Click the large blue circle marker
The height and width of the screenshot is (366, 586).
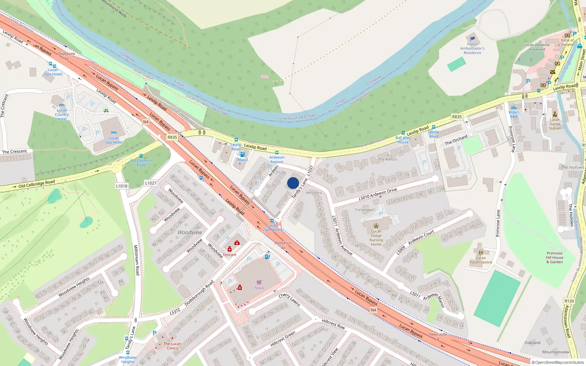tap(293, 183)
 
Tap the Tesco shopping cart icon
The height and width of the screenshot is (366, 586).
tap(259, 282)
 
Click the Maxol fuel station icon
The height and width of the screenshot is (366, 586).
tap(242, 155)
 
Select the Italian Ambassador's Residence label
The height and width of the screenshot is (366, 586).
tap(472, 48)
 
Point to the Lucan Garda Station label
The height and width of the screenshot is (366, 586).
tap(555, 124)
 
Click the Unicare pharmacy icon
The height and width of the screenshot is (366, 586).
tap(230, 249)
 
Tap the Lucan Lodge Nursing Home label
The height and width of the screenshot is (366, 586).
tap(376, 238)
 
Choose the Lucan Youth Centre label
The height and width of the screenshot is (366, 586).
tap(481, 260)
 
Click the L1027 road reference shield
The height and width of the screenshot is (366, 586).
tap(151, 183)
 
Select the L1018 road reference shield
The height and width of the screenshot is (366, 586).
tap(122, 186)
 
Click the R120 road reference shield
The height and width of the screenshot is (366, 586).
tap(569, 301)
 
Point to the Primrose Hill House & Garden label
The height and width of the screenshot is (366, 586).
tap(555, 257)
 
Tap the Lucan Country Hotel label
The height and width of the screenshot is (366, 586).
tap(62, 115)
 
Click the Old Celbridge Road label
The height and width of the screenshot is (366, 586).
tap(37, 184)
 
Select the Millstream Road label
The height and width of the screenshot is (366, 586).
tap(136, 260)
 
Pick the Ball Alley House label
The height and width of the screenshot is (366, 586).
tap(403, 140)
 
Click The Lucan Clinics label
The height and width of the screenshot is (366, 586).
tap(172, 346)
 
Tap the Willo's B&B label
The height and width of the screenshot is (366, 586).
tap(514, 114)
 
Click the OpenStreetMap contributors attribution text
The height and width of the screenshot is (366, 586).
tap(559, 362)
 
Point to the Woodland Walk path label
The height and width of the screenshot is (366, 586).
tap(114, 8)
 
